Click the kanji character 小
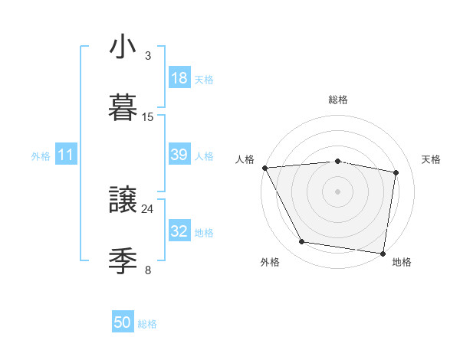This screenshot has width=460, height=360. [123, 47]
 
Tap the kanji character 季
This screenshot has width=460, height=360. [123, 260]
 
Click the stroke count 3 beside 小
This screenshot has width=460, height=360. [148, 56]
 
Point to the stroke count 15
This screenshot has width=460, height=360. [148, 116]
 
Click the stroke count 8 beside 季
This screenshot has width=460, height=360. [148, 270]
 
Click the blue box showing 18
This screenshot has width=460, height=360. [179, 78]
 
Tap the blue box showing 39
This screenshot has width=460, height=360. [179, 155]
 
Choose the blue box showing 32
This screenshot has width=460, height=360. [179, 231]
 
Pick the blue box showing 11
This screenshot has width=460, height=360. [66, 155]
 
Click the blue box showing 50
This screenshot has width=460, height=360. [123, 323]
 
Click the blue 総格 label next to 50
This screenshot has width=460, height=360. [147, 324]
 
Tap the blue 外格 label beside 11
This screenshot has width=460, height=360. [41, 155]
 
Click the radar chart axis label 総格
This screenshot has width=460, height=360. [338, 100]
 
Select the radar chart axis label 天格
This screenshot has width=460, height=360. [432, 159]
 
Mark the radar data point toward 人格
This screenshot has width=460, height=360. [264, 168]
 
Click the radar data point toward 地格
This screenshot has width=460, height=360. [383, 253]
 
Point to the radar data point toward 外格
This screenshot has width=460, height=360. [302, 242]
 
